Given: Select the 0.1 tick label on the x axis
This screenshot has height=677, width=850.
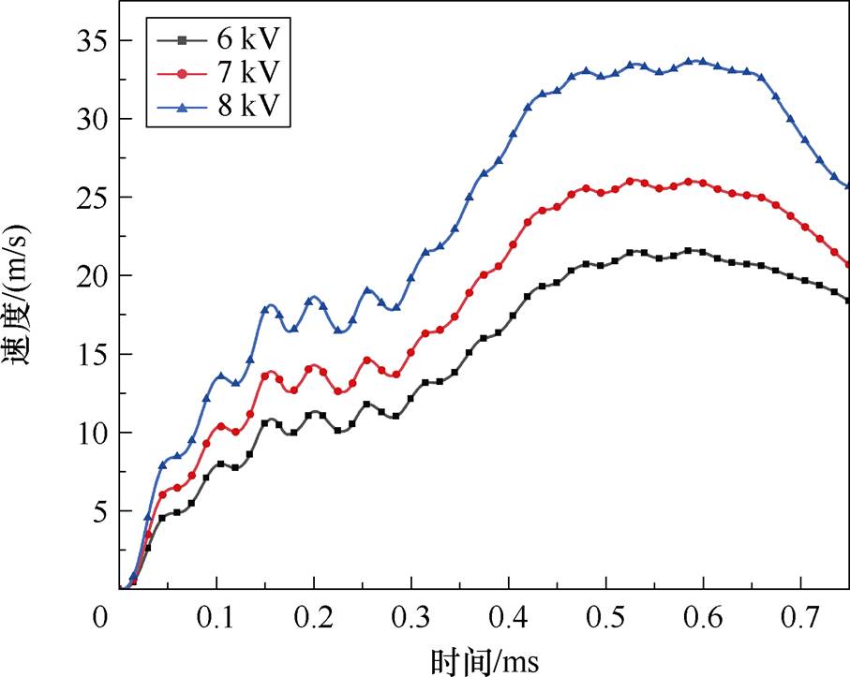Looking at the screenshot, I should tap(216, 618).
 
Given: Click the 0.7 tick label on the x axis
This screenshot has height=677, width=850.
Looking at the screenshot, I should tap(800, 618).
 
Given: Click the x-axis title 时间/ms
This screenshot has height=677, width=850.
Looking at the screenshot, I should tap(485, 659).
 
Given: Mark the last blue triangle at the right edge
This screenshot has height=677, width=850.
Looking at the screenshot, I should tap(846, 186).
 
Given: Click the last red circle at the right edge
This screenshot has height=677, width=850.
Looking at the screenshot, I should tap(846, 265).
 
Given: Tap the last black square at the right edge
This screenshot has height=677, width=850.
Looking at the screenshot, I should tap(846, 300).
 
